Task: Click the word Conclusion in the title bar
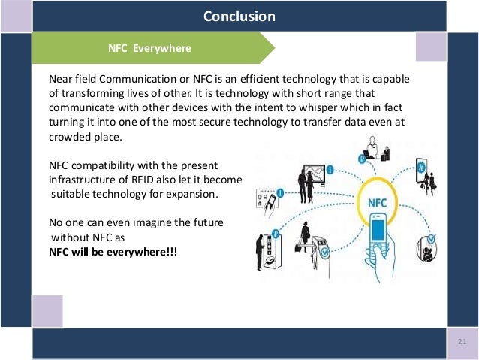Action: (239, 16)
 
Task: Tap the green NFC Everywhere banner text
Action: (150, 49)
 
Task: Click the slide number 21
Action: (462, 343)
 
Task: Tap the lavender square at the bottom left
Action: (47, 310)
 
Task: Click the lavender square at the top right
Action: (431, 47)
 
